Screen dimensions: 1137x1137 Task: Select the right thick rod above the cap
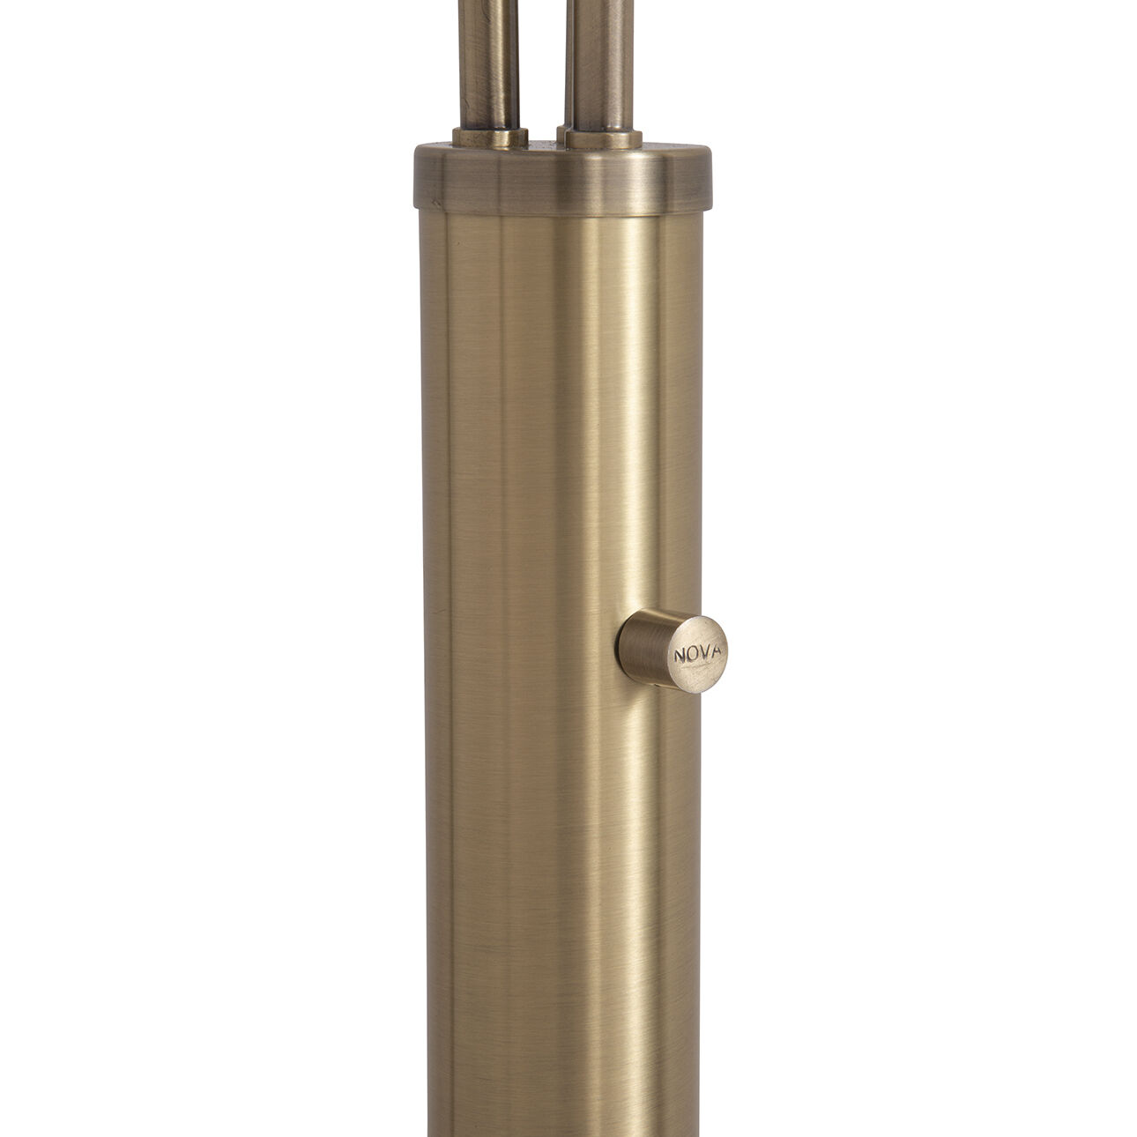(602, 62)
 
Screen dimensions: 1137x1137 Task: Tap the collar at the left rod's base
(490, 137)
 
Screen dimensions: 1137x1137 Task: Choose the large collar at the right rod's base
(604, 139)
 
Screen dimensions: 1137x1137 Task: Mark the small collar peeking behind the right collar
(561, 133)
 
